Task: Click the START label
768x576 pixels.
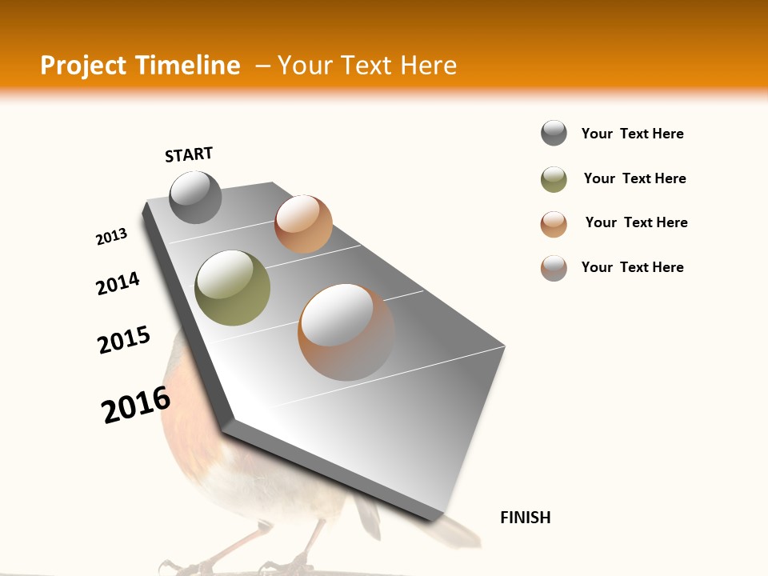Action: click(189, 154)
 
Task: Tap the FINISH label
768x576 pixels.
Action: click(526, 518)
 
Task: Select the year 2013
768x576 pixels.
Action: click(111, 237)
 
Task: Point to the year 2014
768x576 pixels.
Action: click(118, 283)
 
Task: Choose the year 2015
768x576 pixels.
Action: click(124, 340)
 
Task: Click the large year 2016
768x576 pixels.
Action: click(136, 405)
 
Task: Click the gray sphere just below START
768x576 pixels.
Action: click(195, 197)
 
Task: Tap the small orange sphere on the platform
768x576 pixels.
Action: click(303, 224)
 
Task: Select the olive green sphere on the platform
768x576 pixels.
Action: click(232, 287)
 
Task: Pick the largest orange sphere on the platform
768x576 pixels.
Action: click(346, 332)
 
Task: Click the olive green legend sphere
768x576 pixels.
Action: click(554, 179)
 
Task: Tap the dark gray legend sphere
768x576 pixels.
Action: click(554, 133)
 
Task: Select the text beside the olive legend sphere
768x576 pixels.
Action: click(634, 178)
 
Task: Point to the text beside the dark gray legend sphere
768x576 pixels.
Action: click(632, 134)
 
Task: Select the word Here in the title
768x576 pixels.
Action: click(428, 66)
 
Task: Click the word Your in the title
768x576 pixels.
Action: click(304, 66)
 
